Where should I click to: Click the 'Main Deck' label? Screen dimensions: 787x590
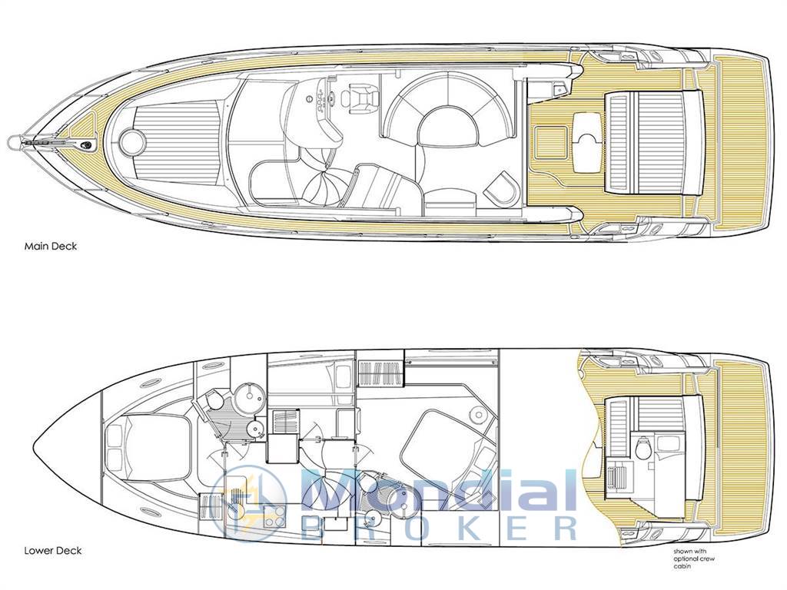51,247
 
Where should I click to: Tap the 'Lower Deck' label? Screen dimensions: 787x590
53,551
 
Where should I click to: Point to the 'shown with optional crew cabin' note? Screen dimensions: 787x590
695,559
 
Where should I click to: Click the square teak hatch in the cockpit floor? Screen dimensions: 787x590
551,141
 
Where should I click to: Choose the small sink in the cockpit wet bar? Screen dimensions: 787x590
558,90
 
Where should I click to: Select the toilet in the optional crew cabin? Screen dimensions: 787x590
642,448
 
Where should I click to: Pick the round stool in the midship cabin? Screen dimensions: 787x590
477,416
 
